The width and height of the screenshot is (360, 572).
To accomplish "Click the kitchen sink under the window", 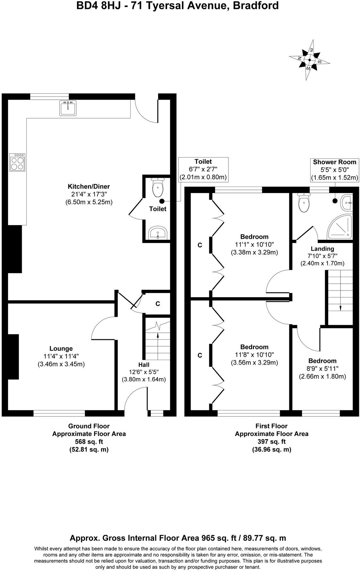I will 68,108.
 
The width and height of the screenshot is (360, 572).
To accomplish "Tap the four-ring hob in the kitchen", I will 18,162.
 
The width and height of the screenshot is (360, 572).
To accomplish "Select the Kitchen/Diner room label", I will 89,186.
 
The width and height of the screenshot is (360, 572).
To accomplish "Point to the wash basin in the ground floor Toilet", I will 158,232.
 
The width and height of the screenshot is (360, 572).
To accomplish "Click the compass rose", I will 309,60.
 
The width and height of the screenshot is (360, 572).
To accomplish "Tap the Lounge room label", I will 61,349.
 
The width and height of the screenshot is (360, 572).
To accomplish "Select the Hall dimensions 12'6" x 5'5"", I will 143,372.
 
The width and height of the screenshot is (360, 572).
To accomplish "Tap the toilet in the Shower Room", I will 304,203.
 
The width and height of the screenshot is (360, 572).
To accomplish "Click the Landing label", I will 322,248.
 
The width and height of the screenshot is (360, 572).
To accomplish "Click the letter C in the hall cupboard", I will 158,304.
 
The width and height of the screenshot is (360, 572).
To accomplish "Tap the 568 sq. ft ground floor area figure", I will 89,442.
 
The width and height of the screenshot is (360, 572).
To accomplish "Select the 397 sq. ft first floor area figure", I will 271,442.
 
